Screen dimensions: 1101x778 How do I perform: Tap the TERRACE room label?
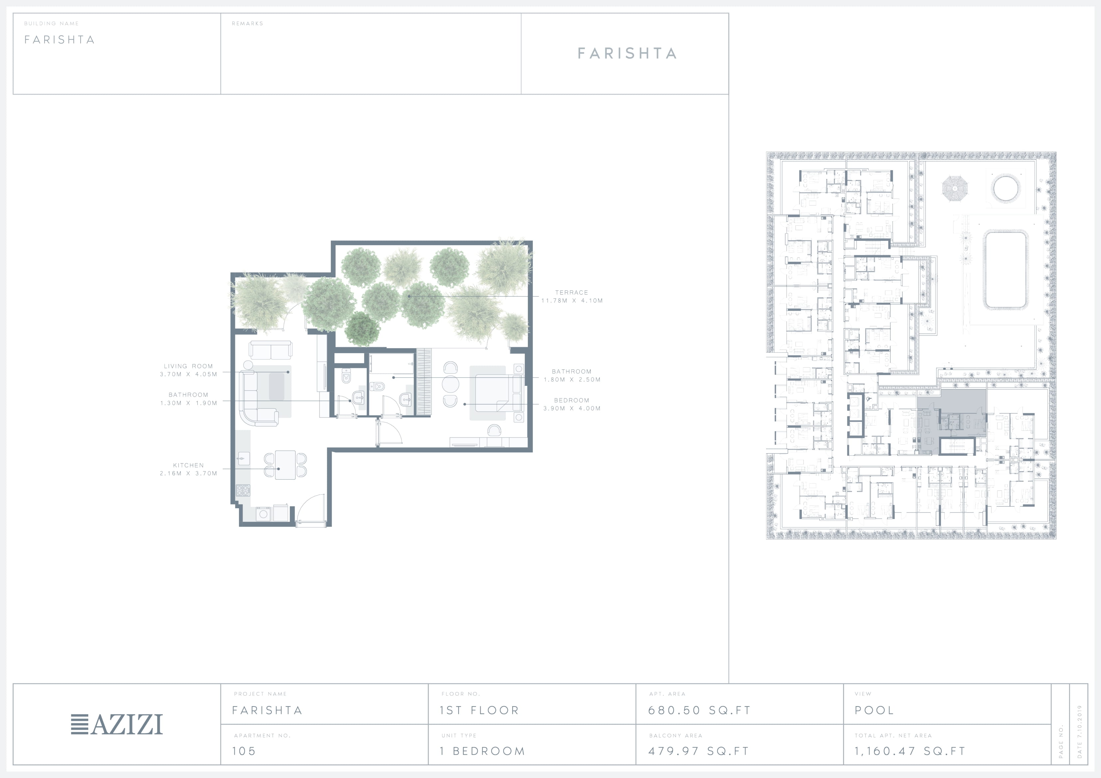pyautogui.click(x=571, y=292)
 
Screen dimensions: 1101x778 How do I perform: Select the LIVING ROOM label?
pyautogui.click(x=188, y=366)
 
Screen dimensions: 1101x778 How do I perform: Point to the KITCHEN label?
pyautogui.click(x=188, y=465)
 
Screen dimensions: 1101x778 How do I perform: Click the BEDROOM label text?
pyautogui.click(x=571, y=400)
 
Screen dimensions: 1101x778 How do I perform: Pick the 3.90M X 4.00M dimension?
pyautogui.click(x=571, y=408)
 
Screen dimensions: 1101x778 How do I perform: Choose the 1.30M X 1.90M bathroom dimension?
pyautogui.click(x=188, y=403)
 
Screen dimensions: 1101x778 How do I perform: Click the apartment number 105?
pyautogui.click(x=244, y=751)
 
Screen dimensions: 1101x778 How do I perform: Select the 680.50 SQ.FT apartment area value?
pyautogui.click(x=699, y=710)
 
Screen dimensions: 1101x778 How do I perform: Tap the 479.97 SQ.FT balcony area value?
pyautogui.click(x=698, y=751)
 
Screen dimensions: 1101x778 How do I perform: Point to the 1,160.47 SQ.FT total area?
pyautogui.click(x=910, y=751)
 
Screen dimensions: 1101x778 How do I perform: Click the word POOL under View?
pyautogui.click(x=874, y=710)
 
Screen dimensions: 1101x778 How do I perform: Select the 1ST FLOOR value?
pyautogui.click(x=479, y=710)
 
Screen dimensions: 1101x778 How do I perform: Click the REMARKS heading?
pyautogui.click(x=247, y=24)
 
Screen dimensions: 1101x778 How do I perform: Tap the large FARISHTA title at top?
pyautogui.click(x=627, y=53)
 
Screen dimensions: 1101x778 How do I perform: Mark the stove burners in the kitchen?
pyautogui.click(x=243, y=490)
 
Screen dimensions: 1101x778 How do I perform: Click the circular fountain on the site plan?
pyautogui.click(x=1005, y=188)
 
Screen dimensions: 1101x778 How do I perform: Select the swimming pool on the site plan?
pyautogui.click(x=1005, y=270)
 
